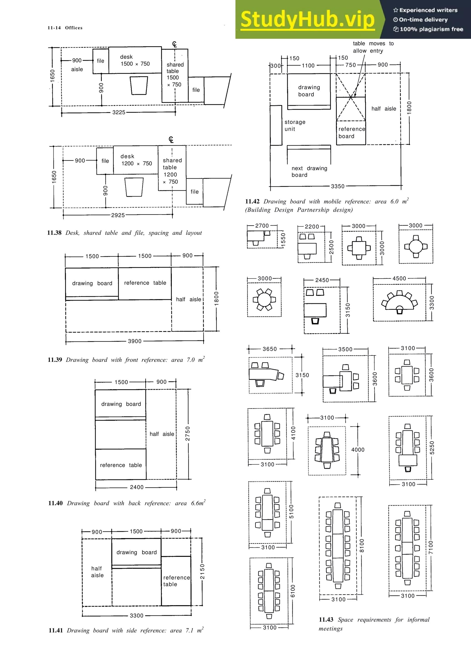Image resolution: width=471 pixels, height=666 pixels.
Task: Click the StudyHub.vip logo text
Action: (308, 20)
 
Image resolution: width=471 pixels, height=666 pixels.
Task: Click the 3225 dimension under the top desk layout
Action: (119, 112)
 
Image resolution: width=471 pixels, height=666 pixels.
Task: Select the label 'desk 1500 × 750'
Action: (135, 60)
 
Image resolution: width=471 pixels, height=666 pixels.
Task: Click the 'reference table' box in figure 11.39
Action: (145, 283)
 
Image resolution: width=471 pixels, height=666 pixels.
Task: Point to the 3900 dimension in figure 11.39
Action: (135, 341)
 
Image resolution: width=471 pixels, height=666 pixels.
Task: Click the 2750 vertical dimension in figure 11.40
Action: (188, 433)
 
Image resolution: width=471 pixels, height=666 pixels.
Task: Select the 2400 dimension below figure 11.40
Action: (137, 487)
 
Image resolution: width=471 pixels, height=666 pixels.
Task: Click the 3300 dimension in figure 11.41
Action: (136, 615)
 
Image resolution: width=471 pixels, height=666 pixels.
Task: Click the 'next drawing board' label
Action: (309, 171)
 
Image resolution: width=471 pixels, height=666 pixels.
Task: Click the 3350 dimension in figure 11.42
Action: (338, 186)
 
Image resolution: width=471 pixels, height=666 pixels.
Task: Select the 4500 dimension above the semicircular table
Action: (399, 279)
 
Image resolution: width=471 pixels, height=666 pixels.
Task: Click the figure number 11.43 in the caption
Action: (326, 620)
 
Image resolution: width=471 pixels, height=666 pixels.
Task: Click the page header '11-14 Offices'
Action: (65, 28)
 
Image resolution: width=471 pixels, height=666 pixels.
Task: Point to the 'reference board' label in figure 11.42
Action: (351, 133)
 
